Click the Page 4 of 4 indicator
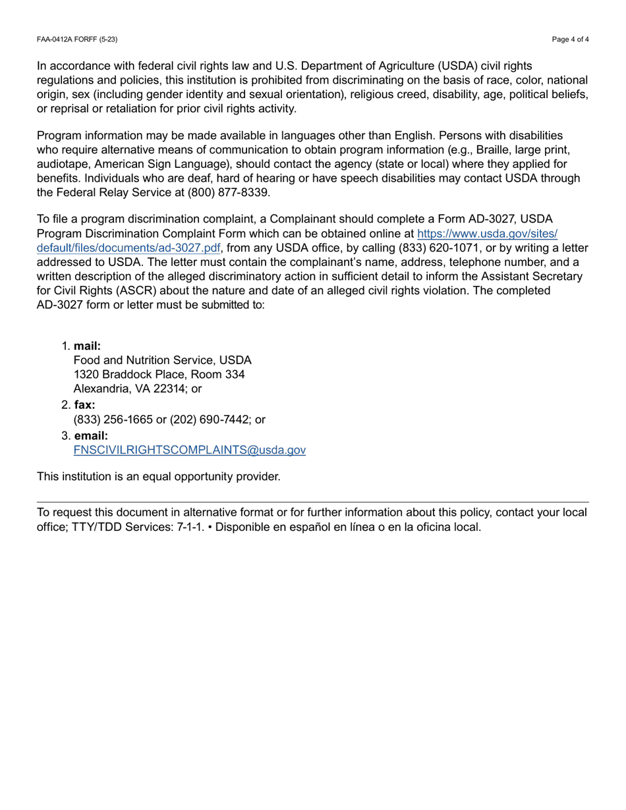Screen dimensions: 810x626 click(570, 40)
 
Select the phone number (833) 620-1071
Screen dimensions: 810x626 click(428, 248)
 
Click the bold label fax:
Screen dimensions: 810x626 click(84, 405)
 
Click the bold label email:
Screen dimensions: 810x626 click(90, 435)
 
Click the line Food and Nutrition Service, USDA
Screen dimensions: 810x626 click(162, 361)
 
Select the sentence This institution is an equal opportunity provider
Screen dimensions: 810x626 click(158, 475)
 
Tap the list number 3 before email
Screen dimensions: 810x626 click(65, 435)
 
